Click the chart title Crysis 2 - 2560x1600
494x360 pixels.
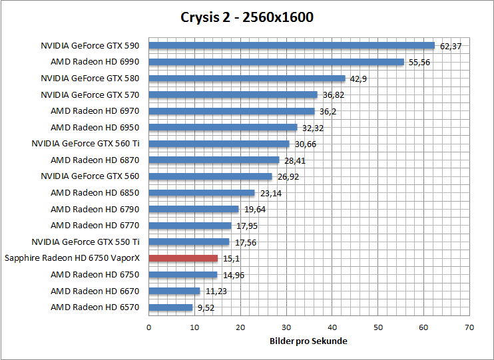[x=247, y=17]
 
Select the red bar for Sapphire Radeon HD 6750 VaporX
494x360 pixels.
[x=183, y=258]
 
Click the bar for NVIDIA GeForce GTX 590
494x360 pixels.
[x=291, y=46]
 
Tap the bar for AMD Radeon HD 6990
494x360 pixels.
[x=276, y=62]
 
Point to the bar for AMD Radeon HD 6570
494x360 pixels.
[x=170, y=307]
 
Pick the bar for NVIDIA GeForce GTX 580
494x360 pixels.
[x=246, y=79]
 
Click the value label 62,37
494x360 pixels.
[x=451, y=47]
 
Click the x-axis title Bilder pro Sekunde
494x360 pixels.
[x=309, y=341]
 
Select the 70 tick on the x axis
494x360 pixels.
[x=469, y=327]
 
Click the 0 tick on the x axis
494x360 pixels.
[x=148, y=327]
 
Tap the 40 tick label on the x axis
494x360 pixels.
[x=332, y=327]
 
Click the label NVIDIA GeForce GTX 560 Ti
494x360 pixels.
[x=85, y=144]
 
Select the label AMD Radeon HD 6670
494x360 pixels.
[x=95, y=291]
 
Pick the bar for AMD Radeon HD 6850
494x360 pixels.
[x=201, y=193]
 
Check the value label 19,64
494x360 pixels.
[x=254, y=210]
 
